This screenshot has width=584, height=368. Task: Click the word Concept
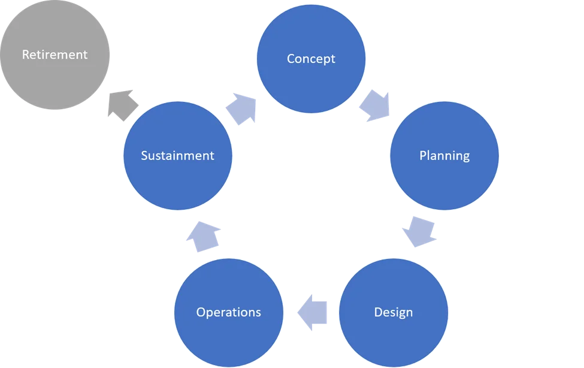click(x=311, y=59)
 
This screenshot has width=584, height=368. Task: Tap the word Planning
click(x=444, y=156)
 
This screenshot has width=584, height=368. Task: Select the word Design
click(x=393, y=312)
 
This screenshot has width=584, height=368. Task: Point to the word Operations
click(x=228, y=312)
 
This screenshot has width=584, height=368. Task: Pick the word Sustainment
click(x=177, y=156)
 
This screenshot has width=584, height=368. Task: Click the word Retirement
click(x=55, y=55)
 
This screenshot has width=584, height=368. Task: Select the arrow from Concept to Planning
click(x=375, y=103)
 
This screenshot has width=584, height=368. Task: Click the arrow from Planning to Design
click(x=418, y=233)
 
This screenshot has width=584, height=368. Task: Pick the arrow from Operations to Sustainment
click(x=204, y=235)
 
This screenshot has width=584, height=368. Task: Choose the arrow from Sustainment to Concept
click(x=243, y=108)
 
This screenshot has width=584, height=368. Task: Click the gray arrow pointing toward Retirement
click(x=121, y=106)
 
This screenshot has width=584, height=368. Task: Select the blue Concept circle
click(x=311, y=84)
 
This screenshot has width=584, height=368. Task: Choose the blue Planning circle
click(x=444, y=180)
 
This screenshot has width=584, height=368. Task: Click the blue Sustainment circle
click(x=177, y=180)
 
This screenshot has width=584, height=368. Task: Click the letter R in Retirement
click(x=26, y=55)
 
